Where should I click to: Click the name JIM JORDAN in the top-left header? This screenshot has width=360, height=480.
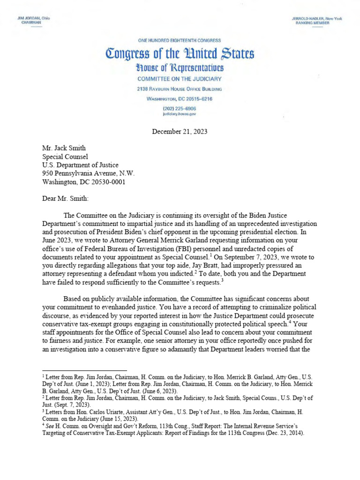pyautogui.click(x=27, y=18)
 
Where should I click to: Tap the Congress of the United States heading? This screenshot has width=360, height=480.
pyautogui.click(x=180, y=54)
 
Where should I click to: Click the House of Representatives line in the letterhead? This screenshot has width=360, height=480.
pyautogui.click(x=180, y=68)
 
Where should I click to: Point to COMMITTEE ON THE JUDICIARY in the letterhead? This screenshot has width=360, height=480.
pyautogui.click(x=180, y=79)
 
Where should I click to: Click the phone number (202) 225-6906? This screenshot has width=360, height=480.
pyautogui.click(x=180, y=108)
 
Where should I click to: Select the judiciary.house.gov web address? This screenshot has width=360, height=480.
pyautogui.click(x=180, y=114)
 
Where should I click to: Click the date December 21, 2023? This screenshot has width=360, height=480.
pyautogui.click(x=180, y=132)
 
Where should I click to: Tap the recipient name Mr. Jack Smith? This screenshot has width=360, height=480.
pyautogui.click(x=64, y=149)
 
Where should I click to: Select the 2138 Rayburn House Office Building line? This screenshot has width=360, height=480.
pyautogui.click(x=180, y=89)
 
